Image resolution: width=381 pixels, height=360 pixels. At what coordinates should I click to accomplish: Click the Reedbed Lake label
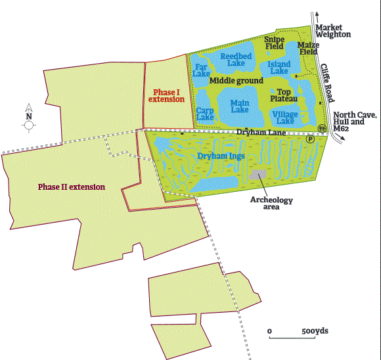[236, 60]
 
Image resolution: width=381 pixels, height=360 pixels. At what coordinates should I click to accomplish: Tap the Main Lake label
[240, 106]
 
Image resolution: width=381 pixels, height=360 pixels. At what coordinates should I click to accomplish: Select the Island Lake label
[279, 68]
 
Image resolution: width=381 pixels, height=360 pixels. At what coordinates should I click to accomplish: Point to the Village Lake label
[285, 118]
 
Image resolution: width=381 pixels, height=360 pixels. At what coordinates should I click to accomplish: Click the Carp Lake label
[205, 114]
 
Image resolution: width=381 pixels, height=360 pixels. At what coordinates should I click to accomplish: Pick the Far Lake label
[202, 70]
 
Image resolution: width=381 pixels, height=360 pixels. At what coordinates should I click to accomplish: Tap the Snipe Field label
[274, 43]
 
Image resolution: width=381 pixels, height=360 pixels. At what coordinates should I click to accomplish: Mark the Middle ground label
[236, 81]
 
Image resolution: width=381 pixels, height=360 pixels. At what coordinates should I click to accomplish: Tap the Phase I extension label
[166, 95]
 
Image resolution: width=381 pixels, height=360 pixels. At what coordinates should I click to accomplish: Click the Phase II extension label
[71, 187]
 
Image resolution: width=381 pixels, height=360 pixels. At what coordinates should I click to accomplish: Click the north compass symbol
[29, 117]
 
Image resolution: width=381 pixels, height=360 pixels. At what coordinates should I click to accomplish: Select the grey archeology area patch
[258, 176]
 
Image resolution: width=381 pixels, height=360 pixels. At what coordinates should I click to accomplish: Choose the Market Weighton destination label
[334, 30]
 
